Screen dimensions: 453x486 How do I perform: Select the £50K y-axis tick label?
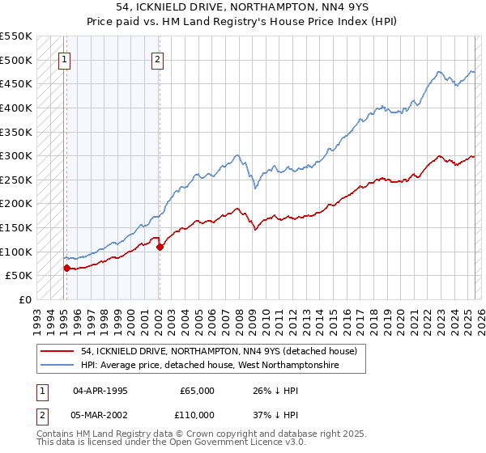19,276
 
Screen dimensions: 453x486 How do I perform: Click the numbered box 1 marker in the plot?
64,58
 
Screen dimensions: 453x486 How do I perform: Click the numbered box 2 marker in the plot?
157,58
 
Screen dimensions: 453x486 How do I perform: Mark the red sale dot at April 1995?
66,268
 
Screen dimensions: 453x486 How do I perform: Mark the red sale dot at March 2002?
160,247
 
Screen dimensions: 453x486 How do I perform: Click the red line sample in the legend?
58,351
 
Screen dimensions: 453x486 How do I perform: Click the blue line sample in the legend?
58,366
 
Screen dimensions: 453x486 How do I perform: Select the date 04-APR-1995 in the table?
100,391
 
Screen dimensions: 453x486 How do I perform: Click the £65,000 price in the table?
197,391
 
